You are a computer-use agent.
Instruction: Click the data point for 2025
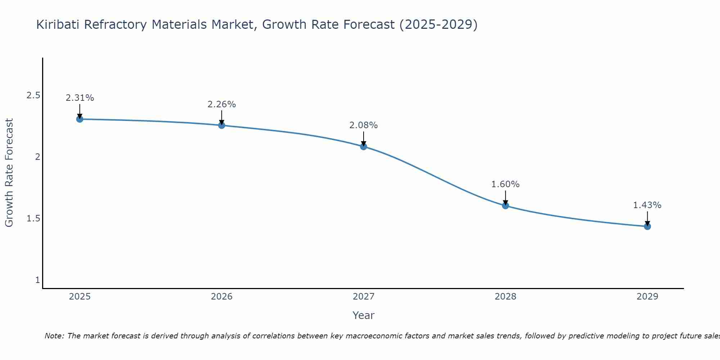pyautogui.click(x=80, y=119)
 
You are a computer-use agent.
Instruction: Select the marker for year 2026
pyautogui.click(x=222, y=125)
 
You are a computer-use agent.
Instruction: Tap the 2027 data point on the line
pyautogui.click(x=364, y=147)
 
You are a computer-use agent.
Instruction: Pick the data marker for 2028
pyautogui.click(x=505, y=206)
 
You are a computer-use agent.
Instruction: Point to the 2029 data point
pyautogui.click(x=647, y=226)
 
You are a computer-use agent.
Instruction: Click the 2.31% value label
pyautogui.click(x=80, y=98)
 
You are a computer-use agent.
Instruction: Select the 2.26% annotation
pyautogui.click(x=222, y=104)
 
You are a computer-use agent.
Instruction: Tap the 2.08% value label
pyautogui.click(x=364, y=125)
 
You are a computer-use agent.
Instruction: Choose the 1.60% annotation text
pyautogui.click(x=505, y=184)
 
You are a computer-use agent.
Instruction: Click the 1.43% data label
pyautogui.click(x=647, y=205)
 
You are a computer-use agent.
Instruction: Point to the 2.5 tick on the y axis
pyautogui.click(x=33, y=95)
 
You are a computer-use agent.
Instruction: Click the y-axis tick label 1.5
pyautogui.click(x=33, y=219)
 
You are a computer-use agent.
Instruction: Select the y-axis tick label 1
pyautogui.click(x=37, y=280)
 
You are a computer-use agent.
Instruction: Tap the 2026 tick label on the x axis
pyautogui.click(x=222, y=297)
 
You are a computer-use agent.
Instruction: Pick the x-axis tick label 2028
pyautogui.click(x=505, y=297)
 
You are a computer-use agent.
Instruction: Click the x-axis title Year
pyautogui.click(x=364, y=315)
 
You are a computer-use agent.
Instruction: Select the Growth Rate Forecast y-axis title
pyautogui.click(x=9, y=173)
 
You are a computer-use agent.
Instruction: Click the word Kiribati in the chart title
pyautogui.click(x=58, y=25)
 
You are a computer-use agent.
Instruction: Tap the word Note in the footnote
pyautogui.click(x=54, y=336)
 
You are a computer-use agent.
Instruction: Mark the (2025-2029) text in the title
pyautogui.click(x=438, y=25)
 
